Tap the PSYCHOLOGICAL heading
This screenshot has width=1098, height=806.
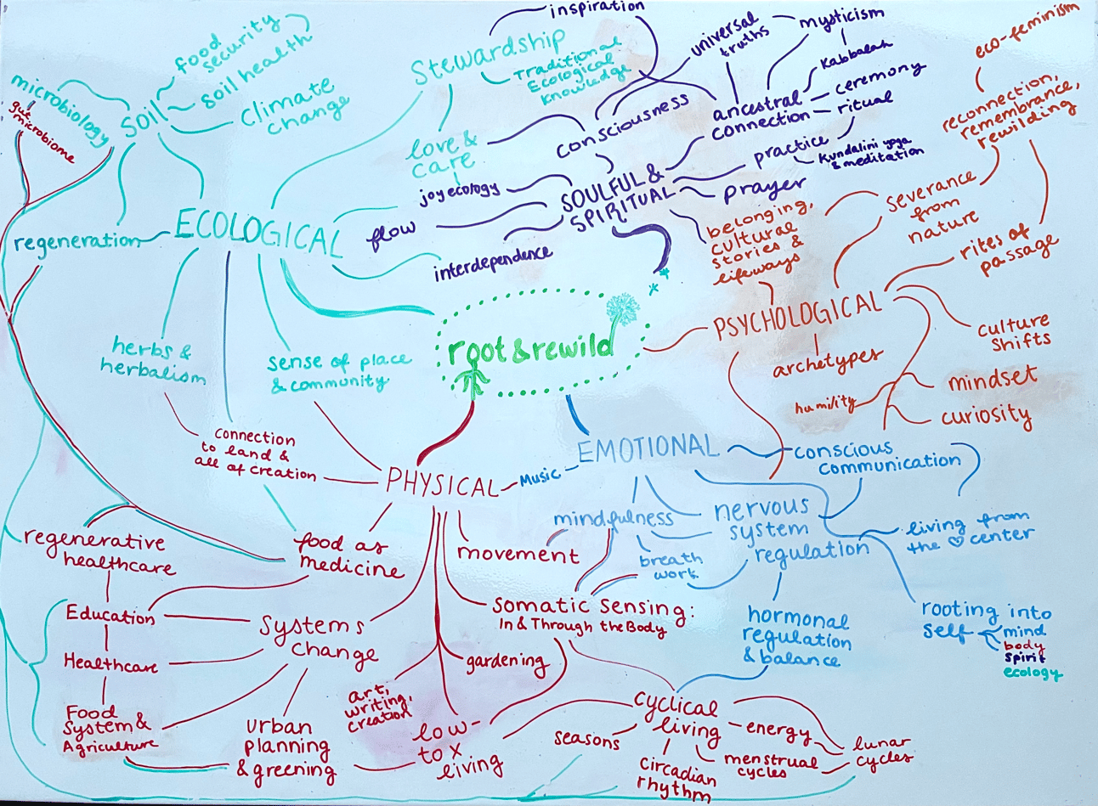tap(797, 316)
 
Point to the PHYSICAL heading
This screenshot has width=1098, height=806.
tap(441, 484)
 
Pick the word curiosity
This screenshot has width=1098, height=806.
tap(986, 416)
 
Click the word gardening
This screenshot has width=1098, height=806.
tap(506, 661)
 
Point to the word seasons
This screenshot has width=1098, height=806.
tap(586, 739)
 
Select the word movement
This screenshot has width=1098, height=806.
tap(518, 554)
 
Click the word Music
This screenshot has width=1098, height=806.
tap(540, 478)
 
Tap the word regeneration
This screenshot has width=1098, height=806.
tap(78, 242)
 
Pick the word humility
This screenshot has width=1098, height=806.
tap(824, 405)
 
